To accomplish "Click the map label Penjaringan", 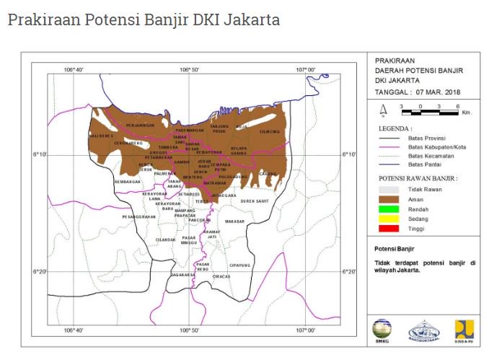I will pyautogui.click(x=141, y=125).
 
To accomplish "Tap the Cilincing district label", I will pyautogui.click(x=269, y=132).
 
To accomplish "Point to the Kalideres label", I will pyautogui.click(x=101, y=135).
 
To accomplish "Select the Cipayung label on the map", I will pyautogui.click(x=239, y=265).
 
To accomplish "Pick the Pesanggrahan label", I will pyautogui.click(x=139, y=216).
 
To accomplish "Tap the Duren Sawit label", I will pyautogui.click(x=254, y=201).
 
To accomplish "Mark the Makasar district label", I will pyautogui.click(x=235, y=221).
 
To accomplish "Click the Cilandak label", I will pyautogui.click(x=165, y=240).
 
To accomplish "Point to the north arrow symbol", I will pyautogui.click(x=383, y=110).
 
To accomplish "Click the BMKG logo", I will pyautogui.click(x=382, y=329).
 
